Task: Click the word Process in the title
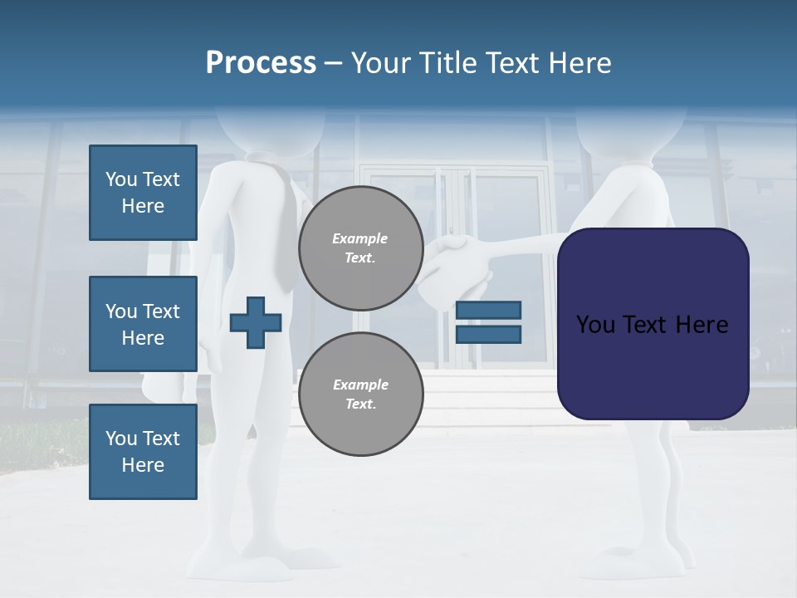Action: tap(261, 63)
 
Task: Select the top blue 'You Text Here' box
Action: tap(143, 193)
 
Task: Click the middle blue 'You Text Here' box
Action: tap(143, 324)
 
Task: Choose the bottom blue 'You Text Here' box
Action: tap(143, 452)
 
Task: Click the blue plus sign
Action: tap(256, 322)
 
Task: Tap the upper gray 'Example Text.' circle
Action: tap(360, 248)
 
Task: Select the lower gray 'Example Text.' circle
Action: tap(360, 394)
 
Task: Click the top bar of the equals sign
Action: tap(488, 311)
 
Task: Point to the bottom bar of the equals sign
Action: tap(488, 335)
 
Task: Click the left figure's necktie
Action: tap(285, 224)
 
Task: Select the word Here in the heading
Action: tap(579, 63)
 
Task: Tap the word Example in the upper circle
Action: tap(360, 238)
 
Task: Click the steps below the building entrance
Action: tap(498, 399)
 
